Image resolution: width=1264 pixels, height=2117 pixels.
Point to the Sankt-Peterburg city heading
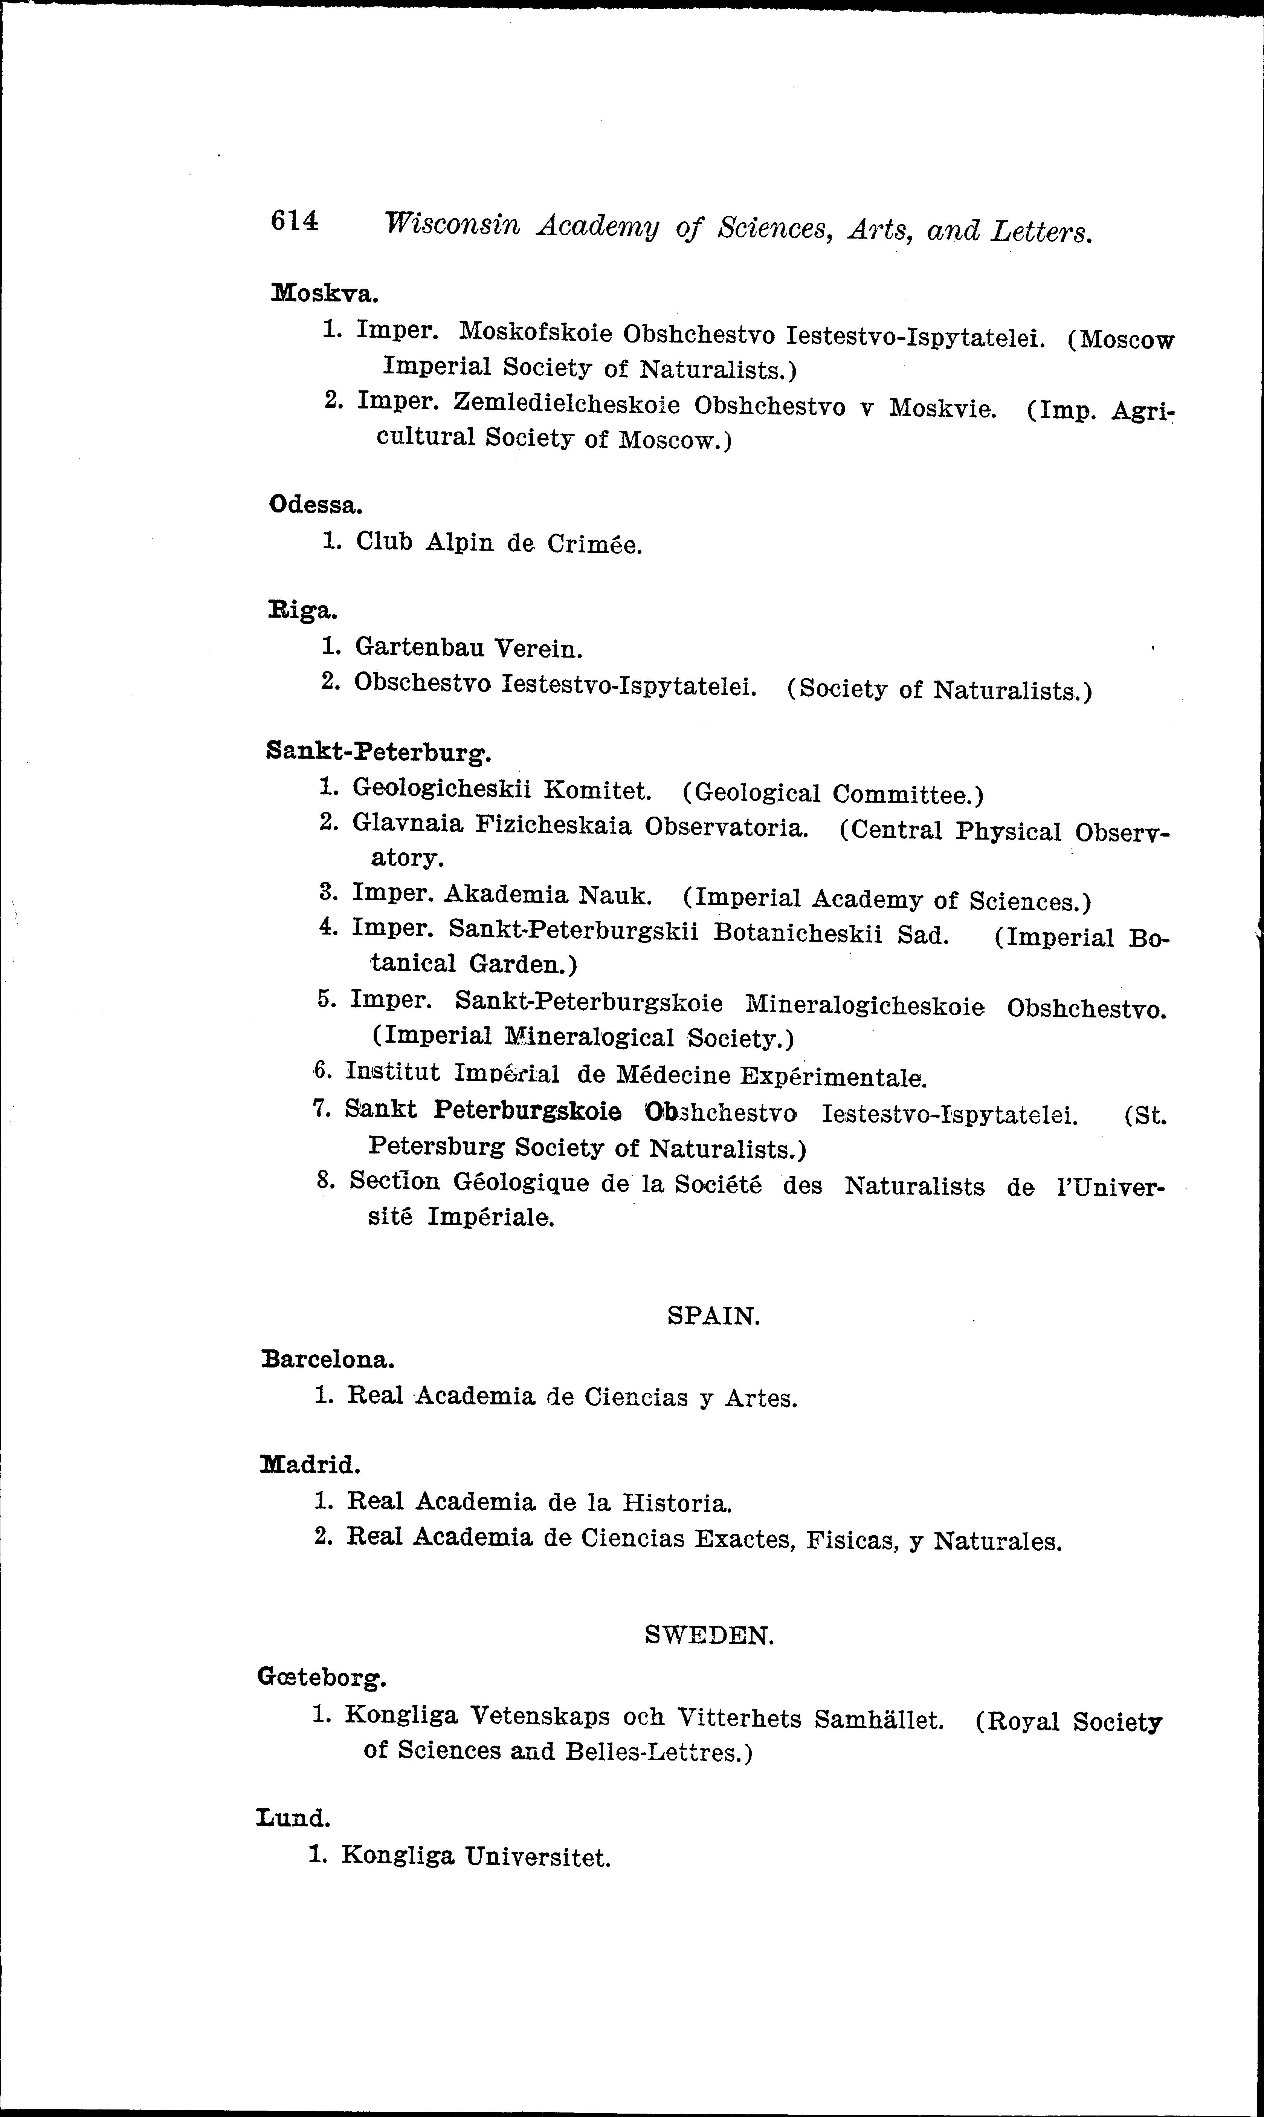[379, 751]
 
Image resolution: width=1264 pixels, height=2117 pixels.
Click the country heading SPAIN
[713, 1316]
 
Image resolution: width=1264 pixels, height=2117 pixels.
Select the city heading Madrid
[310, 1464]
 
